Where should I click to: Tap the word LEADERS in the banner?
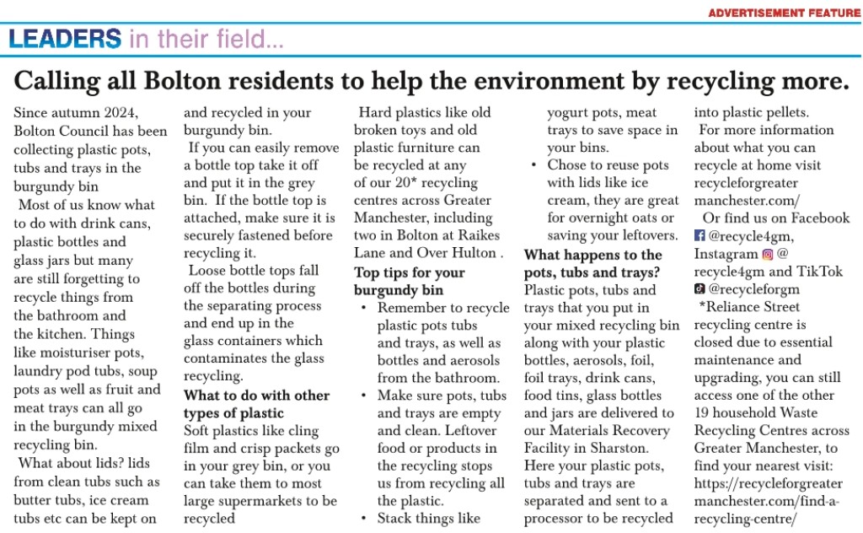coord(66,38)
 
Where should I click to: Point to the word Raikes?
coord(479,235)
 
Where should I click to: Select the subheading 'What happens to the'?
coord(592,255)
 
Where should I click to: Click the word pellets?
coord(785,112)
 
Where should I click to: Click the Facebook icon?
coord(700,236)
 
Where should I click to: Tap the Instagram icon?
coord(767,254)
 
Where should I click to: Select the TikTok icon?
coord(700,289)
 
